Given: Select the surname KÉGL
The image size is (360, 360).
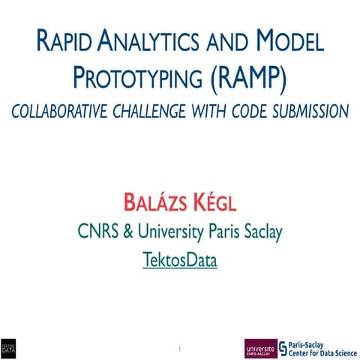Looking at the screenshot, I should (213, 202).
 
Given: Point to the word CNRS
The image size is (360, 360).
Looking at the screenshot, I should (95, 232).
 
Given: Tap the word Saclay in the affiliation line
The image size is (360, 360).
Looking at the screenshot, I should (260, 233).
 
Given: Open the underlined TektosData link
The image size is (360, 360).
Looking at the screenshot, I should (180, 262).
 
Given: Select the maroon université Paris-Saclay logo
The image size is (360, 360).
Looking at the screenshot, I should (259, 348).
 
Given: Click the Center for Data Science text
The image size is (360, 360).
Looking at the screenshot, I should (318, 352).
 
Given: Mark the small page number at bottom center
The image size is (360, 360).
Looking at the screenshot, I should (180, 348).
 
